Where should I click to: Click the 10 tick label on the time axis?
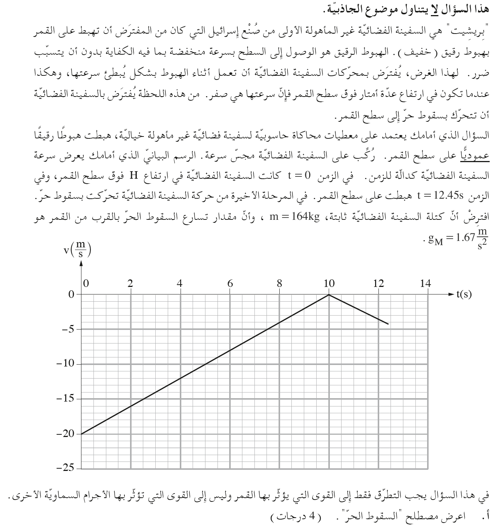329,284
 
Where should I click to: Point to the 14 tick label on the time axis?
426,284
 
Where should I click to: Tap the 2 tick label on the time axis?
130,284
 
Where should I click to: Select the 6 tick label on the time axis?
230,284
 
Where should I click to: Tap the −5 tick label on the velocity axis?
68,329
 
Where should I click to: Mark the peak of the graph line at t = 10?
329,294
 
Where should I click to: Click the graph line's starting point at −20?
81,434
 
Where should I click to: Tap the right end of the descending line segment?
388,324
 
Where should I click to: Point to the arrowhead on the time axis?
451,294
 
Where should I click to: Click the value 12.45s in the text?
440,196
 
